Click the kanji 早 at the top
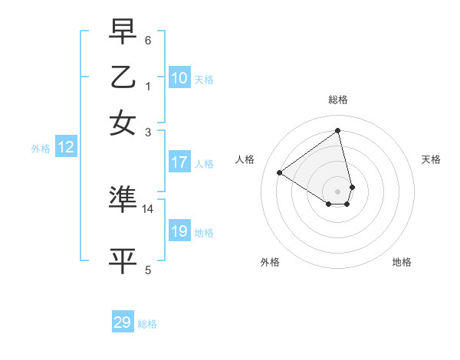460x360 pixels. coord(123,32)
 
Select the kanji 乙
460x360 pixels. coord(123,77)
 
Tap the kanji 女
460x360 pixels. coord(123,123)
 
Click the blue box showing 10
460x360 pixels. coord(179,78)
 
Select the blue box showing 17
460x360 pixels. coord(179,162)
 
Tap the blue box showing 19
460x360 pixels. coord(179,231)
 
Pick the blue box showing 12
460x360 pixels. coord(66,148)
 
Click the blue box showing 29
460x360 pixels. coord(123,322)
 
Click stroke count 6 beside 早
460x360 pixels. coord(148,41)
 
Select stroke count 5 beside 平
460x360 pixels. coord(148,270)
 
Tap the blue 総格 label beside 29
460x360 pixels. coord(147,324)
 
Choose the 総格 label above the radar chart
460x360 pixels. coord(338,100)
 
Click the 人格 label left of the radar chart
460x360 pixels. coord(245,159)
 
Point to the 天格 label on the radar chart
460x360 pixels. coord(431,159)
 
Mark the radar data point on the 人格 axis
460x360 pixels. coord(280,172)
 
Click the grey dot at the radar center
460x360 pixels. coord(338,191)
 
